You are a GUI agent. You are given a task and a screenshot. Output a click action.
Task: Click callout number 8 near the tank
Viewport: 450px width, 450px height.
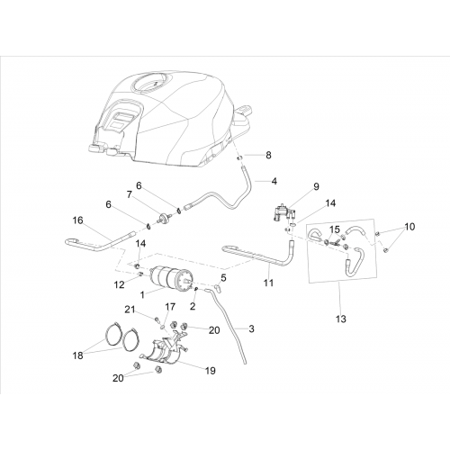pos(268,155)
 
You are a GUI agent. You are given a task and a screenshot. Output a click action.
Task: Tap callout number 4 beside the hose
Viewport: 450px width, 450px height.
pos(274,181)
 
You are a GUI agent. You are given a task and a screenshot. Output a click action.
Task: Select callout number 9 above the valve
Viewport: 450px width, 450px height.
pos(316,186)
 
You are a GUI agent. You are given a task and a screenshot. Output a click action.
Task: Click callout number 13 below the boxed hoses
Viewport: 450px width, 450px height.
pos(341,319)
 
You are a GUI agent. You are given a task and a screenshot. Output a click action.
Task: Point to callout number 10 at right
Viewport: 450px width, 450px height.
pos(409,227)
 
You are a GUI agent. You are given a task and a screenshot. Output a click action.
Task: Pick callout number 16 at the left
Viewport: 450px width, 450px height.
pos(77,220)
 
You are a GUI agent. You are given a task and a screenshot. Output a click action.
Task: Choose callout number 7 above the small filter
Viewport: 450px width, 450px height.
pos(130,194)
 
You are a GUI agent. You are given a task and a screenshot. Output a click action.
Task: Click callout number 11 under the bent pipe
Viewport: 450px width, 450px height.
pos(269,283)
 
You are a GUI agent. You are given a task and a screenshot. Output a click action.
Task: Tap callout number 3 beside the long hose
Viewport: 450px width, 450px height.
pos(251,328)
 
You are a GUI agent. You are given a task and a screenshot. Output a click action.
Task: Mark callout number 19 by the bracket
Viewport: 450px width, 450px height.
pos(211,371)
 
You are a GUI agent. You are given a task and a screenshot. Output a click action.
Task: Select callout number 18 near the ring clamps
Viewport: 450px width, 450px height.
pos(77,355)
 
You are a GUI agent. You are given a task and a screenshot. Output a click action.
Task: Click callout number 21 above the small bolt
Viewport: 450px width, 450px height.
pos(130,310)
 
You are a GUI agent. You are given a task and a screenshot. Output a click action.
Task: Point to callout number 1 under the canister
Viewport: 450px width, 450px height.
pos(142,295)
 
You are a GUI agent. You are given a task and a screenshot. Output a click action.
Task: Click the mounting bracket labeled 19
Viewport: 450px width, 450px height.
pos(164,349)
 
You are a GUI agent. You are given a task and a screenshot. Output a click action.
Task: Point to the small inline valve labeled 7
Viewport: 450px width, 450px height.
pos(164,217)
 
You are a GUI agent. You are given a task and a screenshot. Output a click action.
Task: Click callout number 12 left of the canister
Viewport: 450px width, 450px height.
pos(119,284)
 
